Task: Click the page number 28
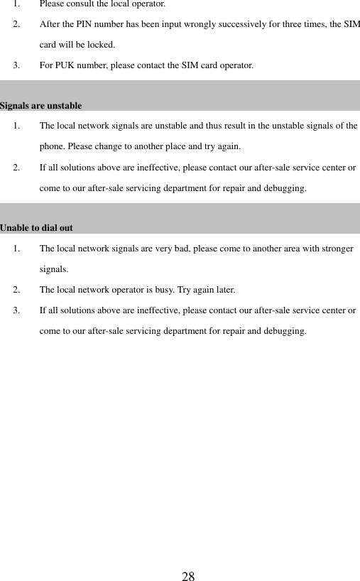pyautogui.click(x=188, y=575)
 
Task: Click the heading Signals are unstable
pyautogui.click(x=40, y=106)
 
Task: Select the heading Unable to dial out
pyautogui.click(x=36, y=229)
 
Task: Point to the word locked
pyautogui.click(x=99, y=45)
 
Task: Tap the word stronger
pyautogui.click(x=335, y=249)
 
